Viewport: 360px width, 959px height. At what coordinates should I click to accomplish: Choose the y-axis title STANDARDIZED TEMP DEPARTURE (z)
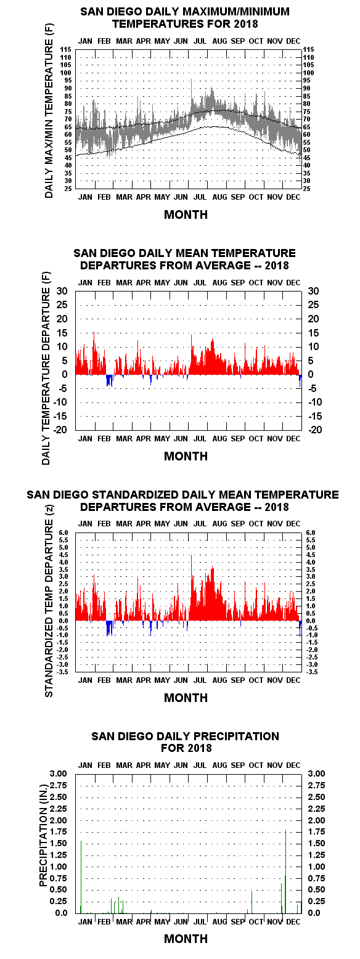49,602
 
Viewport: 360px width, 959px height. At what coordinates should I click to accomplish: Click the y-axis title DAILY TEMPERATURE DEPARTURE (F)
46,368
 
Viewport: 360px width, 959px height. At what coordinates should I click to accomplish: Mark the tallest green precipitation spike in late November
285,871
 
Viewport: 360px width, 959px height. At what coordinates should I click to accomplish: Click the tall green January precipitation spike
81,877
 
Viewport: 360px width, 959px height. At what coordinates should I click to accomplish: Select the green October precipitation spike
252,902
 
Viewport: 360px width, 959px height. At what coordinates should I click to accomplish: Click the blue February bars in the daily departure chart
109,381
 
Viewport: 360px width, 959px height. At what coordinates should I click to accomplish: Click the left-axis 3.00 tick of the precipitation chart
58,773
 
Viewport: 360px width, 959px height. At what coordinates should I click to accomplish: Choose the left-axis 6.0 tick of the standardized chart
63,533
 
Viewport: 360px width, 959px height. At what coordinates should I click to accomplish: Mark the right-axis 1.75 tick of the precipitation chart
316,831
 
